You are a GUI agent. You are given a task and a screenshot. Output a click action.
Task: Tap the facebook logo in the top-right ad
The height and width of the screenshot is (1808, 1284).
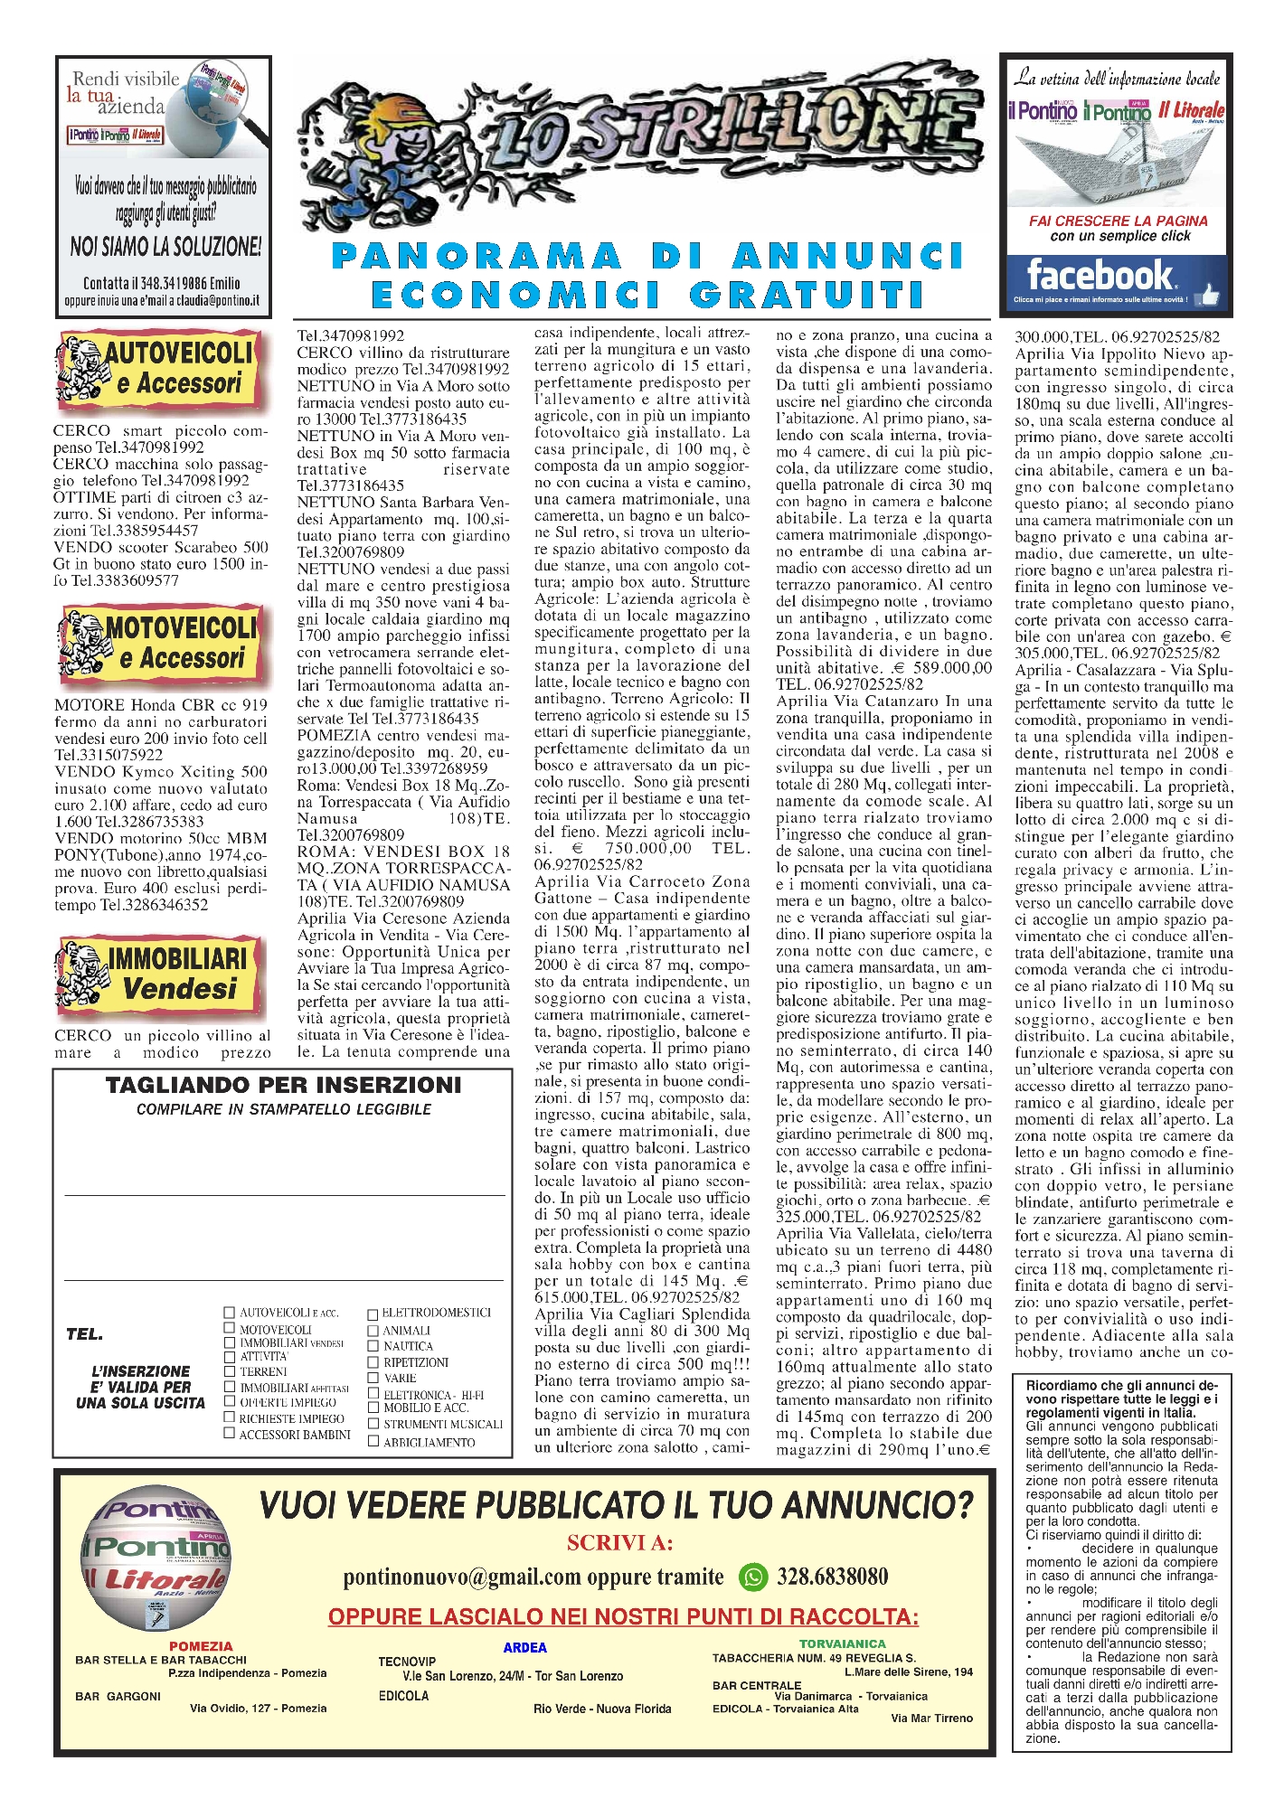(1099, 275)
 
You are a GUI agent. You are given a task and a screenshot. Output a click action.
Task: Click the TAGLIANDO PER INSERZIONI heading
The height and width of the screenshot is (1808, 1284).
(283, 1085)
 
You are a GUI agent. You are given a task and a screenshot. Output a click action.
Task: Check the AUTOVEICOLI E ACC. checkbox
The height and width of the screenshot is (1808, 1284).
(230, 1312)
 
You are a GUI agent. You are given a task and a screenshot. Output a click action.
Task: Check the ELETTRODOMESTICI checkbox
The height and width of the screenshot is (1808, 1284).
(373, 1314)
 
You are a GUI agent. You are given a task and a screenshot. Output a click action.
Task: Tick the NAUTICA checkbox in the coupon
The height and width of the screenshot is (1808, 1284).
(373, 1346)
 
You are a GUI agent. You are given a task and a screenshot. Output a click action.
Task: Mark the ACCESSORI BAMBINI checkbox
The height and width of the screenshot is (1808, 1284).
(230, 1433)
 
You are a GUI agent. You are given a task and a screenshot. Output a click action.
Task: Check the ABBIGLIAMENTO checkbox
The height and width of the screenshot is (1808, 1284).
(373, 1441)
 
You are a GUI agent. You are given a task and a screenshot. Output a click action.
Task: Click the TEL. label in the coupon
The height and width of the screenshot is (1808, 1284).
(84, 1334)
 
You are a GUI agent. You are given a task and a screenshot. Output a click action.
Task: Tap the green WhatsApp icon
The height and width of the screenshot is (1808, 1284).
(752, 1577)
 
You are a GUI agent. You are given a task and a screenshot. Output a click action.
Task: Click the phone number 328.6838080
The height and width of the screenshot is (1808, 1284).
(832, 1577)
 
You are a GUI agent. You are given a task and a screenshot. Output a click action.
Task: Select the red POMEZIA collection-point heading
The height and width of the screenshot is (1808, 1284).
(201, 1646)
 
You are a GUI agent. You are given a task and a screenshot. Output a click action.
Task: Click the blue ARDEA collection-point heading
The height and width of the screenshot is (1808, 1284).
(524, 1647)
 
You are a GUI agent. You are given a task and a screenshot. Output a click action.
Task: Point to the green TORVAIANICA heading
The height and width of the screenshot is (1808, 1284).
(842, 1643)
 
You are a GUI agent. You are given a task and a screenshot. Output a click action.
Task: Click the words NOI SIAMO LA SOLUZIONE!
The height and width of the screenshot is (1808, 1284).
(165, 246)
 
